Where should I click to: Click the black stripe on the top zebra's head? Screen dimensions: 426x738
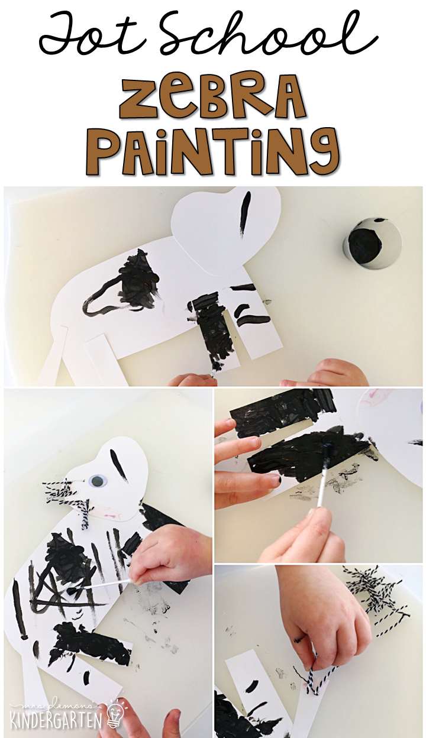click(x=245, y=214)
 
